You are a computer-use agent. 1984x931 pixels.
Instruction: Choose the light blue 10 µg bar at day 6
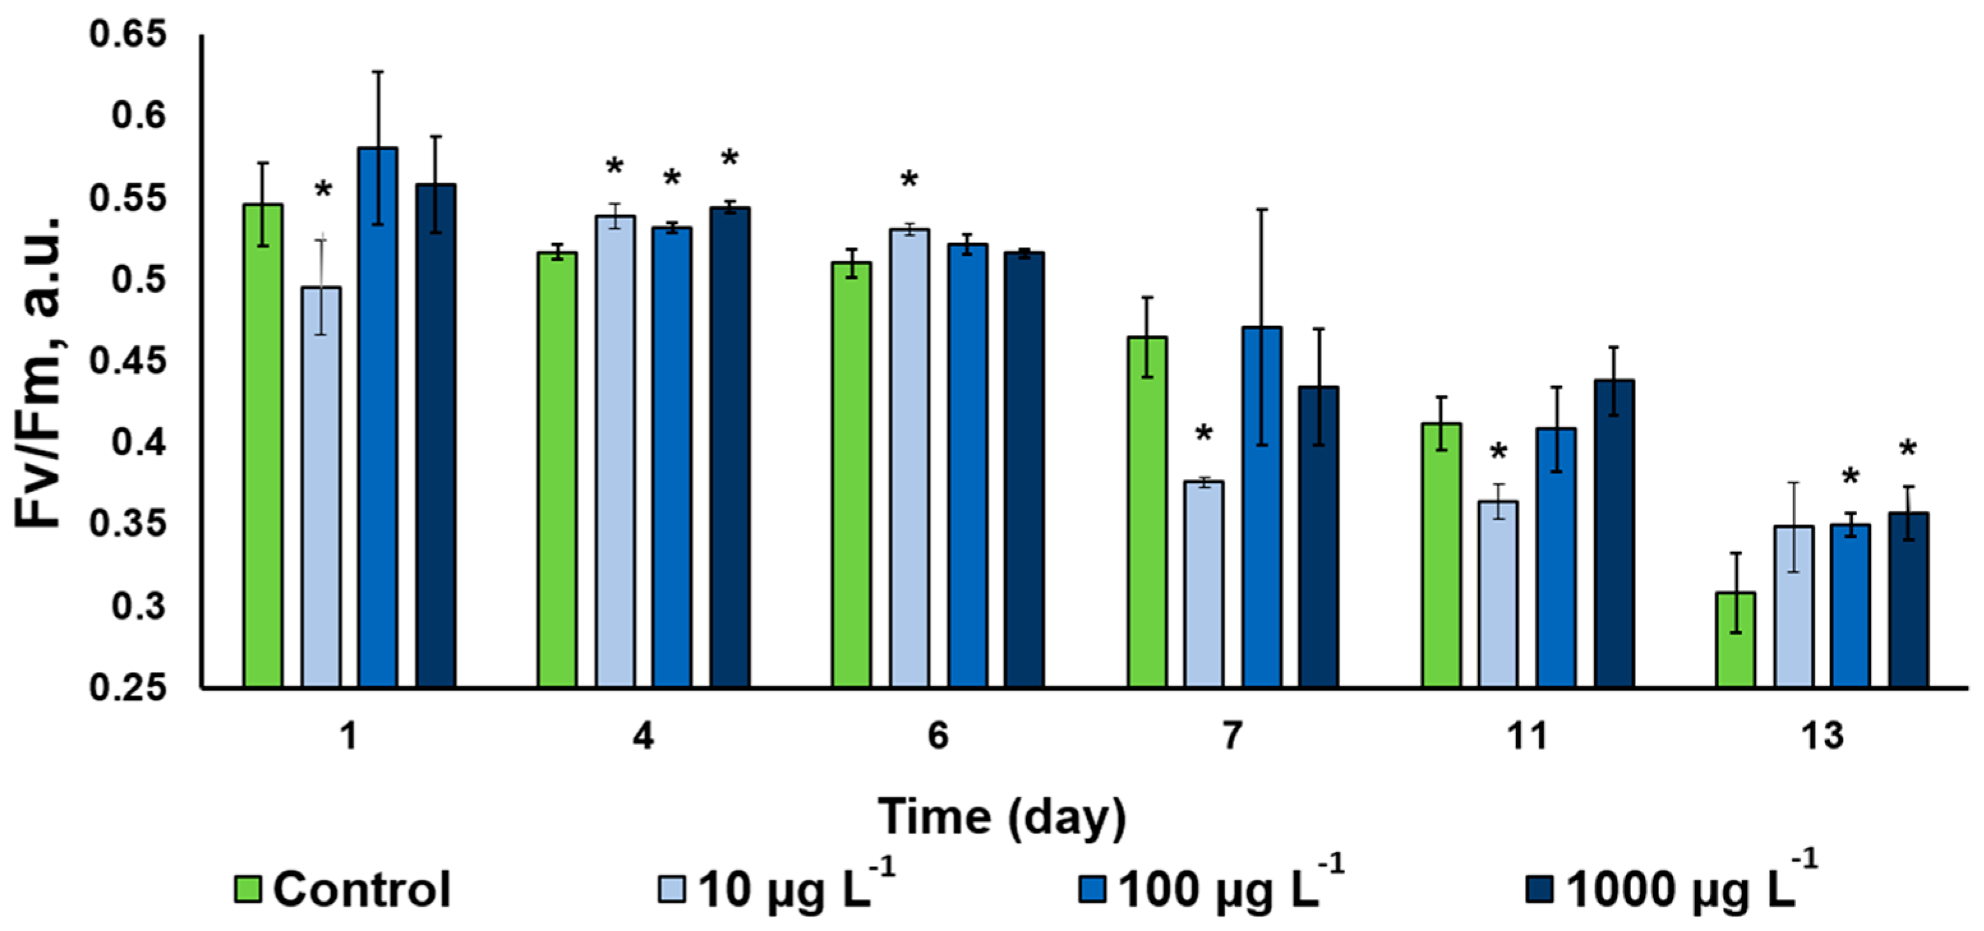[910, 458]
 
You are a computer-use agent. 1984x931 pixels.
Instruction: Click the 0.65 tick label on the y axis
[128, 34]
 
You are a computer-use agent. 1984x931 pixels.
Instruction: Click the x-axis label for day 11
[1528, 736]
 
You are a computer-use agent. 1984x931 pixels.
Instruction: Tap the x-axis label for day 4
[643, 736]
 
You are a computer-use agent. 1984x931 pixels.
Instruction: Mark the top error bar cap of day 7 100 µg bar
[1262, 209]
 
